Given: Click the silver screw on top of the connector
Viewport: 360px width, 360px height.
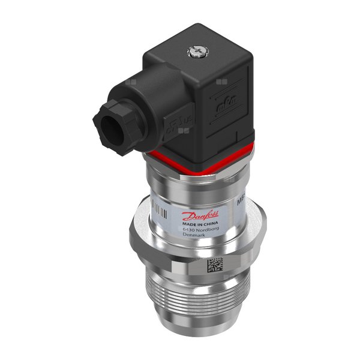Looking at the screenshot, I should pyautogui.click(x=196, y=53).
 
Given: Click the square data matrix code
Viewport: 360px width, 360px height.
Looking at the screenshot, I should pyautogui.click(x=214, y=265).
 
